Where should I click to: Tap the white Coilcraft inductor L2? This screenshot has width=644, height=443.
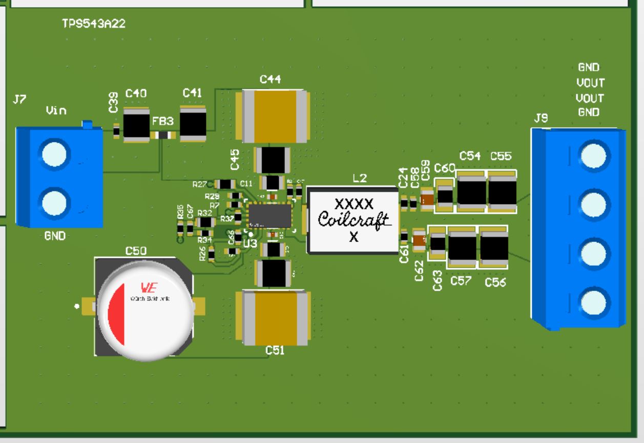pos(352,220)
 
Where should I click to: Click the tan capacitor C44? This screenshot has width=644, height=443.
pos(272,115)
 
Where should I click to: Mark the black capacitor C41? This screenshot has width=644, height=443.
pos(193,124)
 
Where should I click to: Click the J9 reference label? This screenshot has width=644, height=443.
pos(541,119)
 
